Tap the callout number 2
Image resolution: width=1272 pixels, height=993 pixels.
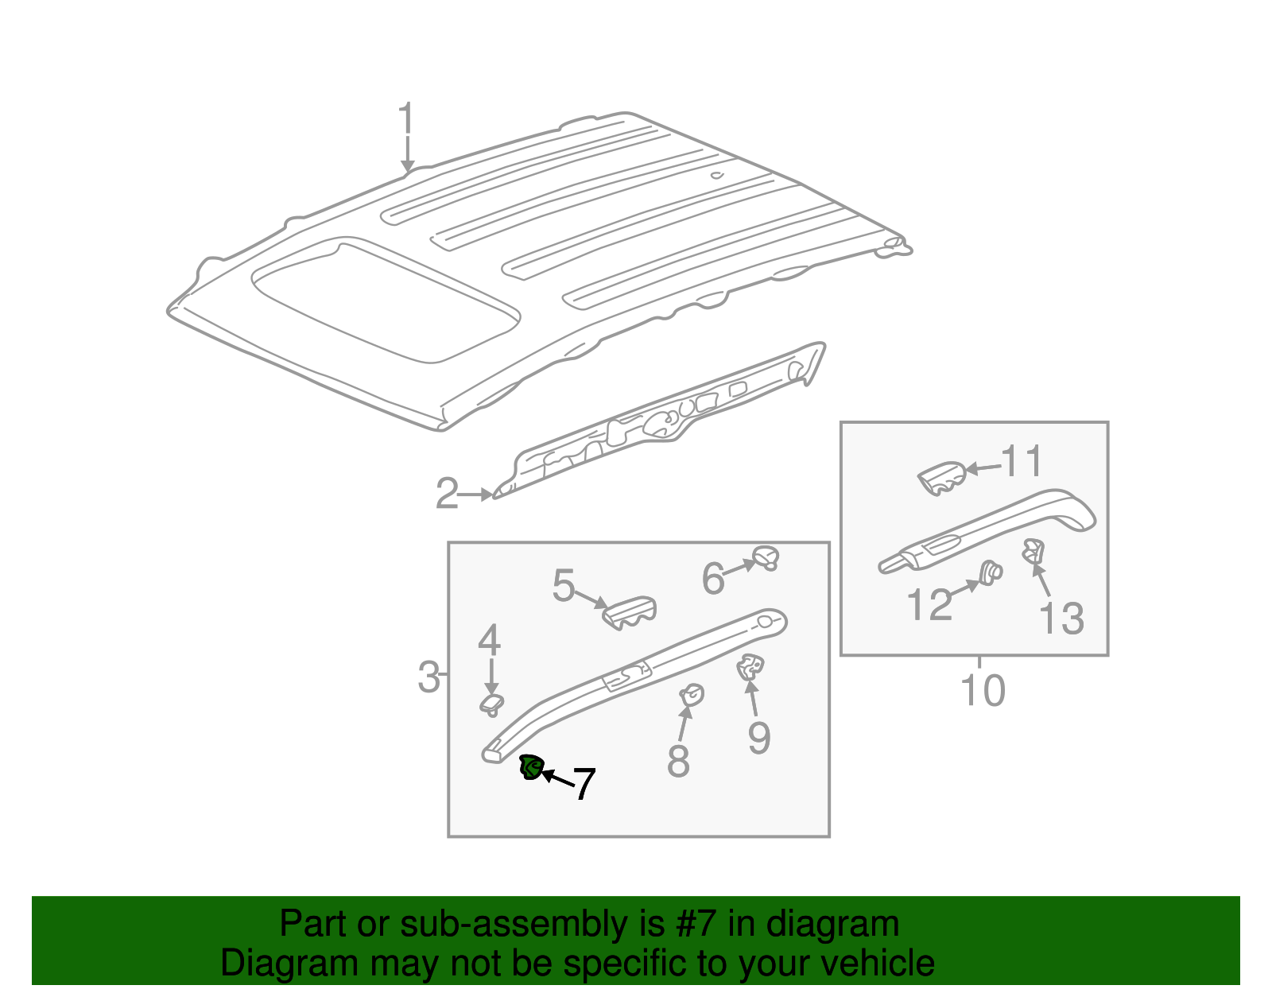point(447,494)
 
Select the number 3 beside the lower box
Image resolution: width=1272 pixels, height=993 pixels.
point(429,677)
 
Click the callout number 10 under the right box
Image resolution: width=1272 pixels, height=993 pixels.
point(983,690)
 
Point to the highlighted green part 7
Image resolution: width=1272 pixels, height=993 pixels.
point(530,768)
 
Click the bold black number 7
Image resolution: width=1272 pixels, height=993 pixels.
point(584,784)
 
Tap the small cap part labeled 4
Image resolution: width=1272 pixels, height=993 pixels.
point(492,703)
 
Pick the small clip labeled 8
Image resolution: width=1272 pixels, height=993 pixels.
point(692,696)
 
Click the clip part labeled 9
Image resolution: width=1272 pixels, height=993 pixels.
point(750,667)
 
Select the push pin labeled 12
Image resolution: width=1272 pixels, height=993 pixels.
point(990,572)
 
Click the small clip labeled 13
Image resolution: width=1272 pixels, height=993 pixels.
point(1033,549)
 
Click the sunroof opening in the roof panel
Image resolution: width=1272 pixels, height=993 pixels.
point(386,298)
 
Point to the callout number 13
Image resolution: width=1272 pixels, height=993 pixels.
point(1061,618)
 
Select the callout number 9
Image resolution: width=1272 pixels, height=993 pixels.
point(759,738)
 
